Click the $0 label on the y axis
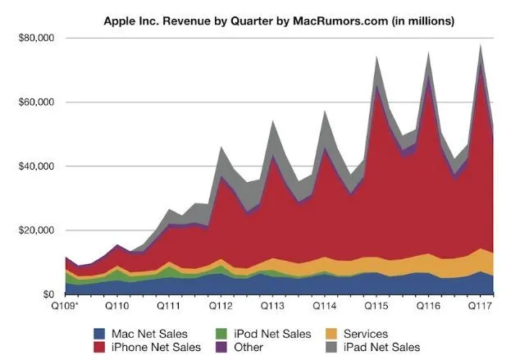[47, 294]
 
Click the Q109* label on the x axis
[65, 306]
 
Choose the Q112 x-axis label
[221, 306]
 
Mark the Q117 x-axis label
[481, 306]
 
